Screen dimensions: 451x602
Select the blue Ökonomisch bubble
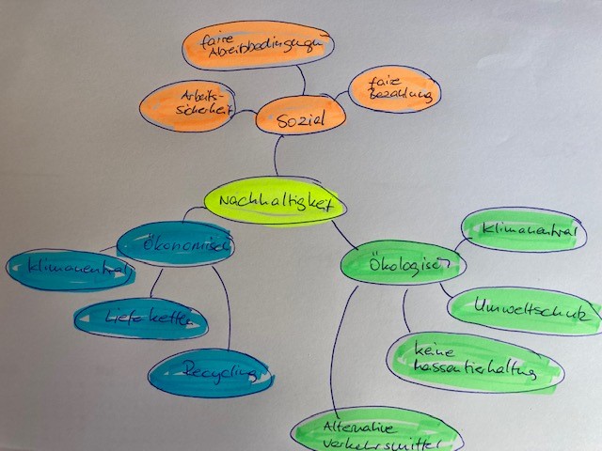[x=176, y=246]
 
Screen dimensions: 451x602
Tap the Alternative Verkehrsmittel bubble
[x=376, y=433]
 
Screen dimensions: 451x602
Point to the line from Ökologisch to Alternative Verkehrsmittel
[x=343, y=348]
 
